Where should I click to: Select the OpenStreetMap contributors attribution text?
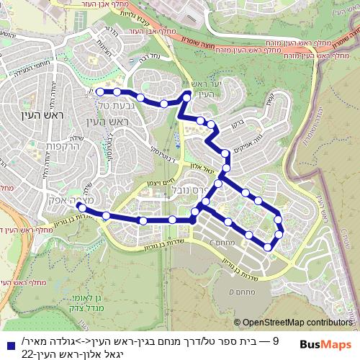click(x=297, y=323)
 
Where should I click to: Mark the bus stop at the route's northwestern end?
click(x=100, y=91)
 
